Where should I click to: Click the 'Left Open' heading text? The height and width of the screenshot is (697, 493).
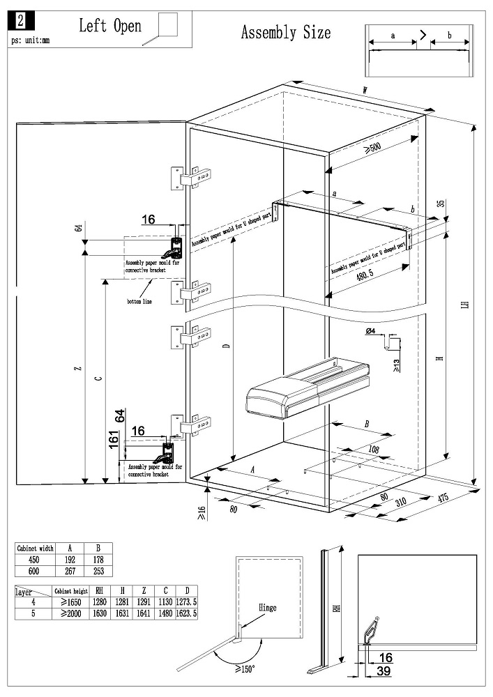(x=109, y=26)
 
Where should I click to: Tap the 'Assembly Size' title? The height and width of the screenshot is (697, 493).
(x=286, y=32)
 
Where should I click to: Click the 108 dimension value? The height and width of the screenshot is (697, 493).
(x=374, y=450)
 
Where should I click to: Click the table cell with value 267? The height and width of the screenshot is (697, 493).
(x=70, y=570)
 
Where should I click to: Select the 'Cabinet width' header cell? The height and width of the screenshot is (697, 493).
(x=35, y=549)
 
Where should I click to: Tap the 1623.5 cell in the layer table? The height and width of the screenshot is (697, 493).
(x=186, y=613)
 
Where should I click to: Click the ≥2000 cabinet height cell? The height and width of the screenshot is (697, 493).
(x=70, y=613)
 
